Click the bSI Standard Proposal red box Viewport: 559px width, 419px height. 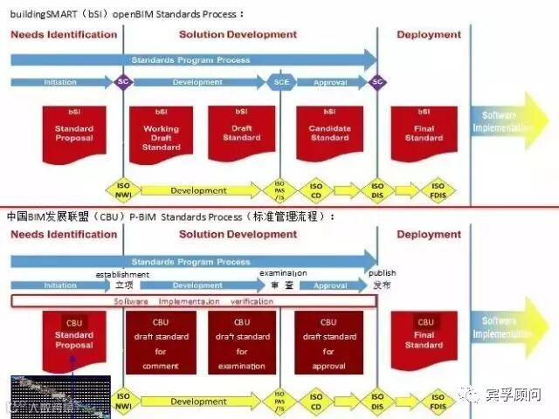click(x=74, y=134)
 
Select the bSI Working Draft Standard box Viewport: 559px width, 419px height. click(x=162, y=134)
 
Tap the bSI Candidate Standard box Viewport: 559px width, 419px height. click(x=329, y=134)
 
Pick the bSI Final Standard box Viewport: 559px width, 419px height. click(x=424, y=134)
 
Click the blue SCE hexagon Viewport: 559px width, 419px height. click(x=280, y=82)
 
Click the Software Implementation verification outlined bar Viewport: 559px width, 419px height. click(x=193, y=301)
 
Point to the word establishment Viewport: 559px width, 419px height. click(x=122, y=274)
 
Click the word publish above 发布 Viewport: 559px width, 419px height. click(x=381, y=273)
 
